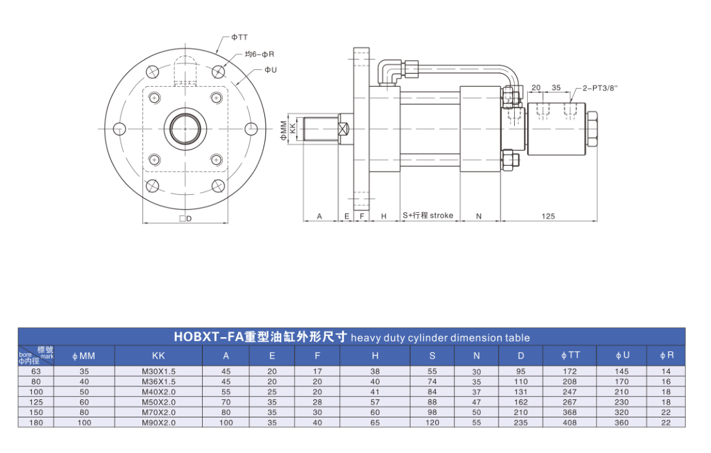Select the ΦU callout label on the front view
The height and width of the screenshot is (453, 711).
coord(270,69)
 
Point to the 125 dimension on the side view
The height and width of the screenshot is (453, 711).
coord(548,216)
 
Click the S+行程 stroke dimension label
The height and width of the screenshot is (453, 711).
coord(427,215)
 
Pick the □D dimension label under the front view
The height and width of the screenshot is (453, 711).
coord(185,219)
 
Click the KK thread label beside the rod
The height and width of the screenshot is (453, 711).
coord(293,129)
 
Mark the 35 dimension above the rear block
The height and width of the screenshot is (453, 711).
coord(556,87)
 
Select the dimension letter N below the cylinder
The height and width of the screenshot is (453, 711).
coord(479,216)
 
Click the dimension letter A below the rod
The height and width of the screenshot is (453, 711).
coord(319,216)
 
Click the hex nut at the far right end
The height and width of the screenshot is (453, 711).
coord(592,129)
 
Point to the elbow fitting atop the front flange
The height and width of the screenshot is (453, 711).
coord(390,70)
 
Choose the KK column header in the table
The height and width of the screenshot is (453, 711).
coord(158,355)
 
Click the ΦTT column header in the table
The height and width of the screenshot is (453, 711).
coord(570,355)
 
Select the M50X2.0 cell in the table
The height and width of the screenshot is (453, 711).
coord(158,402)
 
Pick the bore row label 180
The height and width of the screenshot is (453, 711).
coord(36,423)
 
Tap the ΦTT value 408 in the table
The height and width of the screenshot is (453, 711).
coord(570,423)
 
